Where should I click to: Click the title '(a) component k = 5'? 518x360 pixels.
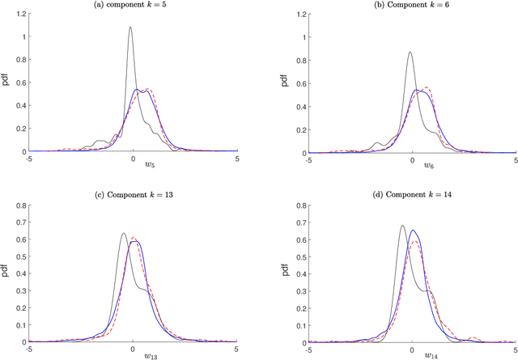(133, 6)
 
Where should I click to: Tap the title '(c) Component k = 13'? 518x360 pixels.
(133, 194)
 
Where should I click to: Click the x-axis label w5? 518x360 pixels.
(134, 166)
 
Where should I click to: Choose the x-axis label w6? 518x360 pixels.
(413, 166)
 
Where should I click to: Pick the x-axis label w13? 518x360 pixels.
(134, 354)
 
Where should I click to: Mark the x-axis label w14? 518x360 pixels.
(413, 354)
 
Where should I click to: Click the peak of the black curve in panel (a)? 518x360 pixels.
(130, 28)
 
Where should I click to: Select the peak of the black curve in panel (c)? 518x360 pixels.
(124, 234)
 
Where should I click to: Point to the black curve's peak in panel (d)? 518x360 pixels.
(402, 226)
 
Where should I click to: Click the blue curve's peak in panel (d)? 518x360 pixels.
(414, 231)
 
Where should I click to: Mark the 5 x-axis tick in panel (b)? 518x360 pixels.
(516, 159)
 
